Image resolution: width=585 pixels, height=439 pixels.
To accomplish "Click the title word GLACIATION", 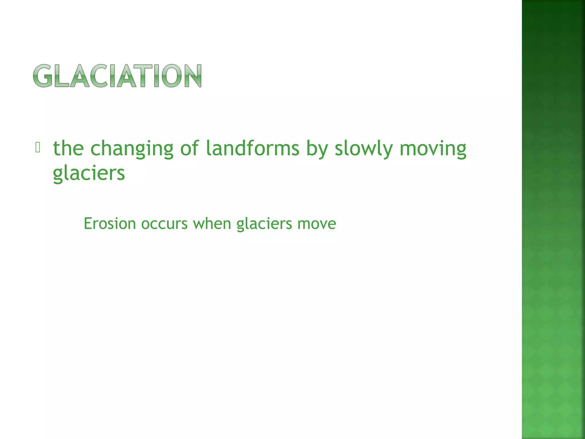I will point(117,76).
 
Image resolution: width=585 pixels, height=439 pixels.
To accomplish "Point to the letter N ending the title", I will point(192,76).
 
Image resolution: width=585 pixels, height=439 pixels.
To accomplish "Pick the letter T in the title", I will point(142,76).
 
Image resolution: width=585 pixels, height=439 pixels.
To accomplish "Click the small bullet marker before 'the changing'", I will point(37,147).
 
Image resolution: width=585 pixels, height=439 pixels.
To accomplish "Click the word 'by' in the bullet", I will point(316,149).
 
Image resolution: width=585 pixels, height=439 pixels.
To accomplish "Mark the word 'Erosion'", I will point(110,224).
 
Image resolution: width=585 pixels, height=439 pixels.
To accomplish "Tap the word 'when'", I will point(212,224).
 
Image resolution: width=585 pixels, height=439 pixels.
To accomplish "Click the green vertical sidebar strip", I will point(553,219).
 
